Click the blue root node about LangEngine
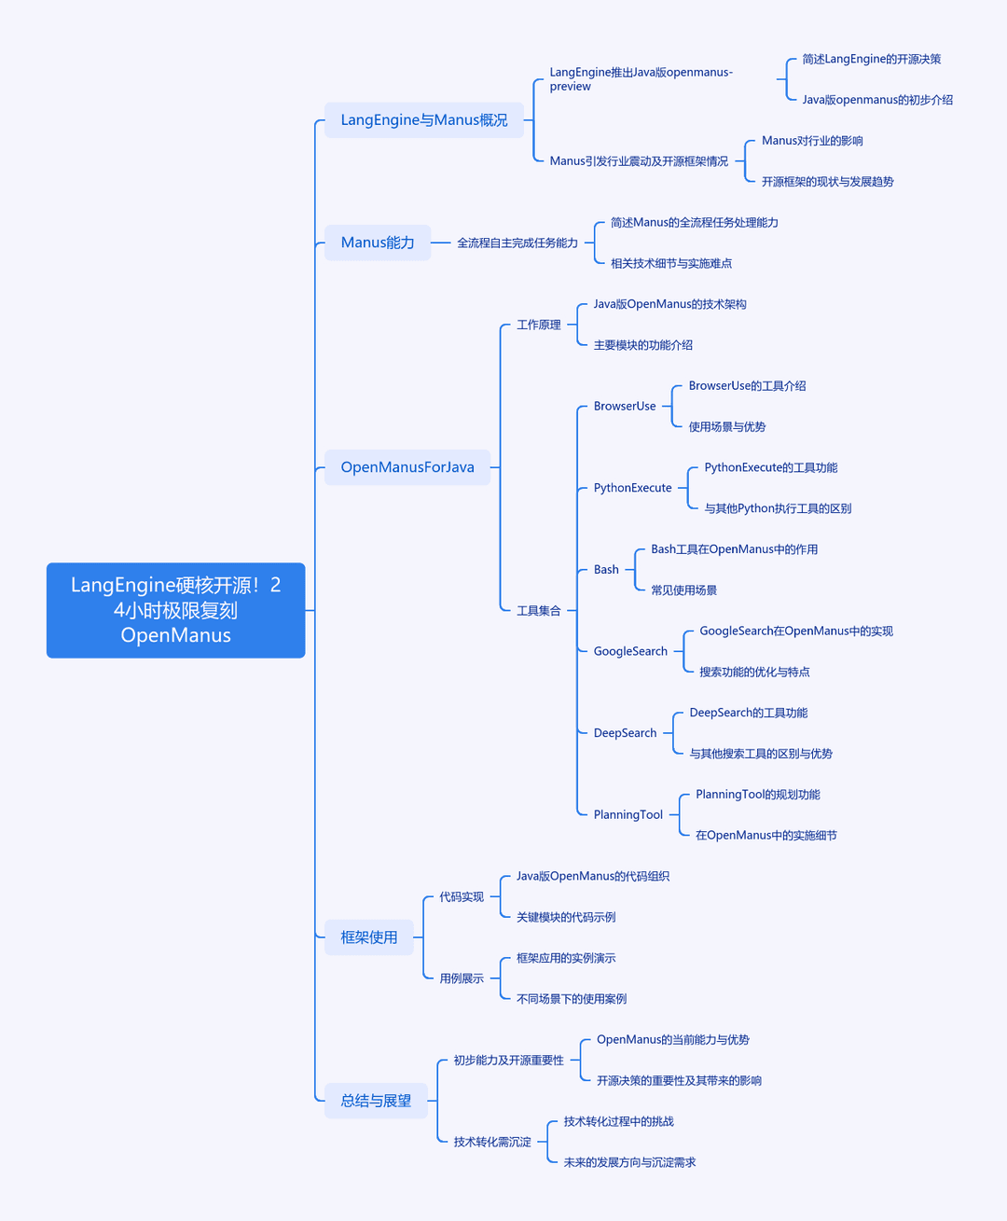tap(175, 610)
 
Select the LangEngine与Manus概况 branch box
tap(423, 120)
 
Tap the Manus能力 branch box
tap(378, 243)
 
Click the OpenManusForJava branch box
tap(407, 467)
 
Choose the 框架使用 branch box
tap(369, 937)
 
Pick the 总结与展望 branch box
tap(376, 1101)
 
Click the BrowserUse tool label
tap(625, 406)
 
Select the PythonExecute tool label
tap(632, 488)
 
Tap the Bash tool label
tap(606, 570)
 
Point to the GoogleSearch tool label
tap(630, 651)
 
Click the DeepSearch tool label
tap(625, 733)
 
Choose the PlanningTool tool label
tap(628, 814)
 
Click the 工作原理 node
tap(538, 325)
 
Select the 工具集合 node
tap(538, 610)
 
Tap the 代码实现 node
tap(462, 896)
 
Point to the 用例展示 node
tap(462, 978)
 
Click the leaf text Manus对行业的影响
tap(812, 140)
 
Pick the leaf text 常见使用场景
tap(683, 590)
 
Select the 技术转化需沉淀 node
tap(492, 1142)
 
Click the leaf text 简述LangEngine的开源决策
tap(872, 59)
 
